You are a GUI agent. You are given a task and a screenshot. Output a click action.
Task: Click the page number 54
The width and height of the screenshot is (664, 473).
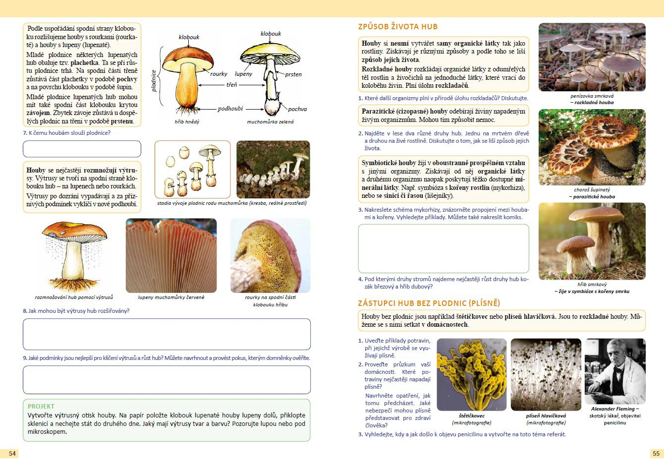click(x=12, y=453)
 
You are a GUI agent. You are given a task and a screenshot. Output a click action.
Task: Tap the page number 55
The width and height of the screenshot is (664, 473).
click(x=656, y=453)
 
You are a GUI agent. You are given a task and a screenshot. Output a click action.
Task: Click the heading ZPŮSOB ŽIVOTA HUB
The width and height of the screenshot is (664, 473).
click(x=398, y=27)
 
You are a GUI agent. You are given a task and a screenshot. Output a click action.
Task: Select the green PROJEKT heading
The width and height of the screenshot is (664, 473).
click(x=41, y=406)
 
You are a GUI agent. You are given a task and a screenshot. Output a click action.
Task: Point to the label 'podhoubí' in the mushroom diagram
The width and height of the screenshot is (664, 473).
click(x=230, y=109)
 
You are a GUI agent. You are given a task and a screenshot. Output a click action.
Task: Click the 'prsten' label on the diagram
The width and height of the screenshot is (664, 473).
click(x=293, y=74)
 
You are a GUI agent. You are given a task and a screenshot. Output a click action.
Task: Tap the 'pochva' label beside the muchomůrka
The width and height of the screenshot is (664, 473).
click(x=297, y=109)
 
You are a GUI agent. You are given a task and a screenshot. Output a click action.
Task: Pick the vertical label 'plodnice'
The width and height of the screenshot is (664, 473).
click(x=154, y=80)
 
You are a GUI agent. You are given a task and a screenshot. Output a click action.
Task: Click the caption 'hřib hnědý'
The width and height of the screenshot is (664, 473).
click(x=187, y=121)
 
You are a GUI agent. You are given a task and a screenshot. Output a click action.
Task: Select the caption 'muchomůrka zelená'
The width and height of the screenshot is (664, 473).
click(x=270, y=121)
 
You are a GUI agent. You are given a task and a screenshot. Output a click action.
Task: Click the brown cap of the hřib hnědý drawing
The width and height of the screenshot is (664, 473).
click(x=188, y=57)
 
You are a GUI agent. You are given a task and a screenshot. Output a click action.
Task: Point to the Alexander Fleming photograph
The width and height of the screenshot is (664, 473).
click(x=615, y=371)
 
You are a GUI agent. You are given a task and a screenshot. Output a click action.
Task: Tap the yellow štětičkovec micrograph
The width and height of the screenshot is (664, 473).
click(x=471, y=374)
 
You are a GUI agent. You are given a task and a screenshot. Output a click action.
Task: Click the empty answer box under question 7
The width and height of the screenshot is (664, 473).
click(x=82, y=149)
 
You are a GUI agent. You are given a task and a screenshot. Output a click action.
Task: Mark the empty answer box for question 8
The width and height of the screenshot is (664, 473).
click(x=166, y=334)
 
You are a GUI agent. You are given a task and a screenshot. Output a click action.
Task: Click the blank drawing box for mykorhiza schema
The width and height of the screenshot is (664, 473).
click(x=443, y=248)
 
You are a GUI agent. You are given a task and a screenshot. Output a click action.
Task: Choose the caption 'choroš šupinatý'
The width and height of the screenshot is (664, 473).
click(x=592, y=190)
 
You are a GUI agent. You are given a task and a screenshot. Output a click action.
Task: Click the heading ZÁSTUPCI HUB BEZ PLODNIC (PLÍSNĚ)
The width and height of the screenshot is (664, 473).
click(x=429, y=303)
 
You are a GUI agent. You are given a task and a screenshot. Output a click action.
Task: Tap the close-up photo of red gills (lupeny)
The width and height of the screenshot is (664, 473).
click(x=171, y=255)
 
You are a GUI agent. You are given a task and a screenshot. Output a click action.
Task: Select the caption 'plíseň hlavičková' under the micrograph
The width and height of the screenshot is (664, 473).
click(x=546, y=416)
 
